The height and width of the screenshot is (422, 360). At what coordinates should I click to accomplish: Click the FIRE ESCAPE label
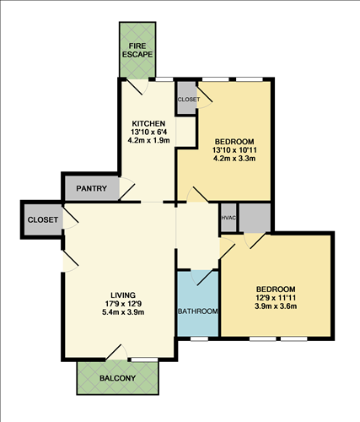[136, 49]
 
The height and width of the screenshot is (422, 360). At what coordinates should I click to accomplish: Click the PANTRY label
[89, 188]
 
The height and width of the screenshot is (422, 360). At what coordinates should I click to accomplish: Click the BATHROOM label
[197, 311]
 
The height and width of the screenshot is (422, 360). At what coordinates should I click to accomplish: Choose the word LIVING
[117, 295]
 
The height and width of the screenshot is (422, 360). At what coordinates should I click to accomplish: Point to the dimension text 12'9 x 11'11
[277, 296]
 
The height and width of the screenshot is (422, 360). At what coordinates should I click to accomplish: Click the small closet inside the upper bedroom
[187, 99]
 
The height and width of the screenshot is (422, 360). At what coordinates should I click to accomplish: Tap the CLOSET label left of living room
[43, 220]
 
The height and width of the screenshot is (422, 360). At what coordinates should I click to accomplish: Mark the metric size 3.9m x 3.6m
[277, 306]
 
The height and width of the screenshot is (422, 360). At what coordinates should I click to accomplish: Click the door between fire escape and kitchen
[136, 85]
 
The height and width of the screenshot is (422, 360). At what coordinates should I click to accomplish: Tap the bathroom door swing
[200, 278]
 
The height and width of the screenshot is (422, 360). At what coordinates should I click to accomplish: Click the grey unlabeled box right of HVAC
[254, 218]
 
